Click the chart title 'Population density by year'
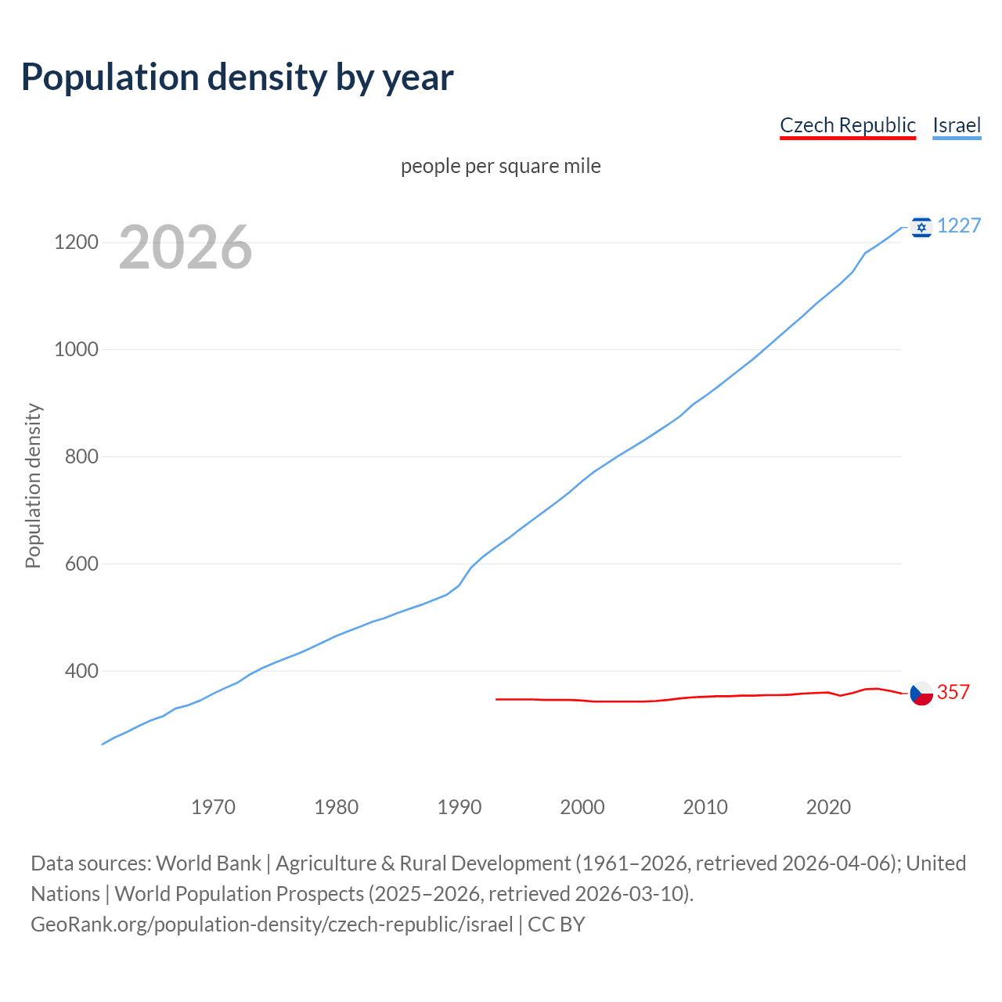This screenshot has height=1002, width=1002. [237, 77]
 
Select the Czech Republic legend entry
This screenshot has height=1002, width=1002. [848, 125]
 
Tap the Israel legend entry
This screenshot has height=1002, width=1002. [957, 125]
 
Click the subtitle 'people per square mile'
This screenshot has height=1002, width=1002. [501, 166]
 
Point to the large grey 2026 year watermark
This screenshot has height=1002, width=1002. [186, 247]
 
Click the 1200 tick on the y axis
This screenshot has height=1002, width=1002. [76, 242]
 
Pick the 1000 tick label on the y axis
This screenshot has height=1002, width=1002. [76, 349]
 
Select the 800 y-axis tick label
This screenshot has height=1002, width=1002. [81, 456]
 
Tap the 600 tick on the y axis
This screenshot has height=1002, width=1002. [81, 564]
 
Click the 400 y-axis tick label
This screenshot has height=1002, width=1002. [81, 671]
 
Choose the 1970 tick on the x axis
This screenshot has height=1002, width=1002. [214, 807]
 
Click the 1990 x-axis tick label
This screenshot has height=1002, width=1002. [460, 807]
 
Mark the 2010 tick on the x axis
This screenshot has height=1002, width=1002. [705, 807]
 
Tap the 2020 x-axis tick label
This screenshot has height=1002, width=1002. [828, 807]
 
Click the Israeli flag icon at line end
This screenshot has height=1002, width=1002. [921, 227]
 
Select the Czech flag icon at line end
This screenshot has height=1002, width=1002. [921, 693]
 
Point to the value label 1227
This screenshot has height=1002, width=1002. [959, 226]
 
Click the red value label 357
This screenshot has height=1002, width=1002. [953, 693]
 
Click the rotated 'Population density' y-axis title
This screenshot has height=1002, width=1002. [33, 485]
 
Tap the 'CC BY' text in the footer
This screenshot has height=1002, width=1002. [557, 925]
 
